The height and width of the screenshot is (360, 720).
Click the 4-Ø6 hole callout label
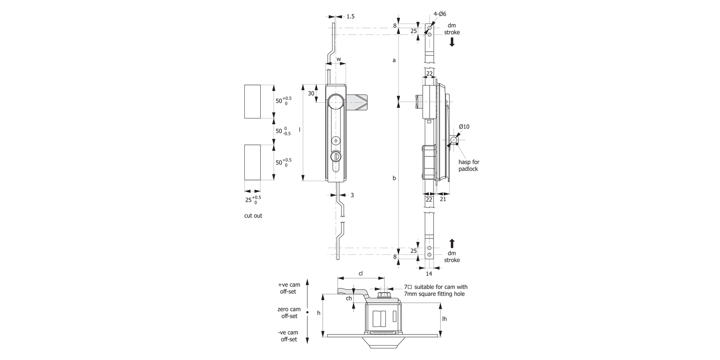click(x=439, y=14)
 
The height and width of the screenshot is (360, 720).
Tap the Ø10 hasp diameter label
click(x=464, y=126)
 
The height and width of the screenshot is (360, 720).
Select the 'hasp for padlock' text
click(x=468, y=166)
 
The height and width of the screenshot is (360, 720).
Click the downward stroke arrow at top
click(x=452, y=42)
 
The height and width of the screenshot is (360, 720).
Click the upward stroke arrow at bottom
click(x=452, y=243)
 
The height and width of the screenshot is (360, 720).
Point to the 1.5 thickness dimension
click(x=350, y=16)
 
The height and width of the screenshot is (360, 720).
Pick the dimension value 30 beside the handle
click(x=311, y=94)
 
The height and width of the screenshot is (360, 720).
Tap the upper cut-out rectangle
click(x=252, y=101)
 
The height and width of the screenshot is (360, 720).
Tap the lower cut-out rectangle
click(x=252, y=162)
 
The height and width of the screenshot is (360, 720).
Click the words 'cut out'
click(x=253, y=216)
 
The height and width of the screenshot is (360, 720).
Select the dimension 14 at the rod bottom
click(x=429, y=274)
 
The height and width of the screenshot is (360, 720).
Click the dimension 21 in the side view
click(x=443, y=199)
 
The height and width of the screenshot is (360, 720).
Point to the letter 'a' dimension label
click(x=394, y=60)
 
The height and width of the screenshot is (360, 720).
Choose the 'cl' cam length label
click(x=361, y=273)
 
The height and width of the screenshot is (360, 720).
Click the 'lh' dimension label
click(x=444, y=319)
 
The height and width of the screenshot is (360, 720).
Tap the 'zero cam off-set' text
click(x=288, y=312)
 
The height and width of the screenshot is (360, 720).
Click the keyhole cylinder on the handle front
click(x=336, y=157)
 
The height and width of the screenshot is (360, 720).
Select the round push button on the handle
click(x=336, y=101)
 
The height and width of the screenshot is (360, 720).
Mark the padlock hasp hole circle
click(x=453, y=141)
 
